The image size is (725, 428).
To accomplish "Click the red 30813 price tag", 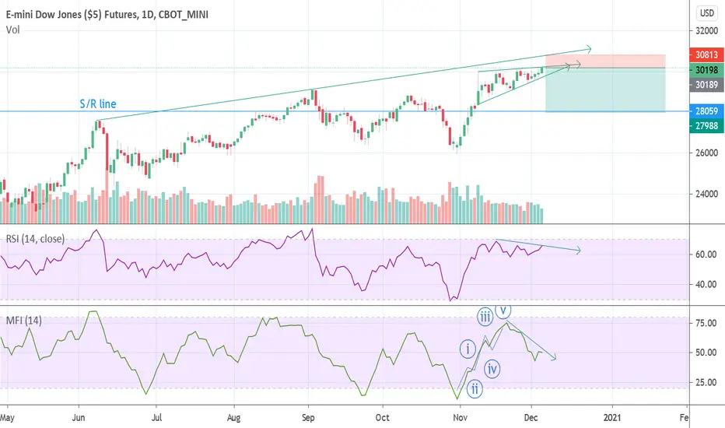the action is click(x=706, y=54).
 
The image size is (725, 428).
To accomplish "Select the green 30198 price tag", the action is click(x=706, y=70).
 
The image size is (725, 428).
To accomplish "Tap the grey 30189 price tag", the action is click(x=706, y=85).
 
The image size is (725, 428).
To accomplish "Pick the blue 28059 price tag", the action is click(x=706, y=111).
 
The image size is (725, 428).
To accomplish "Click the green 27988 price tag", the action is click(x=706, y=126).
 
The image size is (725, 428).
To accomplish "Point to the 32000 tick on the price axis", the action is click(x=706, y=31).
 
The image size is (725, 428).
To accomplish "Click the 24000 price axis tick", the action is click(x=706, y=194).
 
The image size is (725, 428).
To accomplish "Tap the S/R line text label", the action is click(x=98, y=103).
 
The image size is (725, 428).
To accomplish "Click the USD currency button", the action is click(x=706, y=13).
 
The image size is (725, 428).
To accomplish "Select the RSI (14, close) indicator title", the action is click(x=35, y=239).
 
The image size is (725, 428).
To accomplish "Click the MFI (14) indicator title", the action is click(x=23, y=320).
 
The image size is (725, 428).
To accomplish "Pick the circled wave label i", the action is click(x=468, y=349).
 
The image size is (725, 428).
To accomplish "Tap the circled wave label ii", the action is click(x=475, y=389).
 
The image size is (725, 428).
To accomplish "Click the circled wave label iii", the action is click(x=485, y=317).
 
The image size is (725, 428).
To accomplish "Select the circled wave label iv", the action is click(x=492, y=369).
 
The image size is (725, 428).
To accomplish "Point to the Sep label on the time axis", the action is click(x=308, y=418).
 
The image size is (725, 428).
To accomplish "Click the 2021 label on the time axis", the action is click(x=613, y=418).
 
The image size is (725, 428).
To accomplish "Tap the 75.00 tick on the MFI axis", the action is click(x=706, y=323).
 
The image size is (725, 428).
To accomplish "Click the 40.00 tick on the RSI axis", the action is click(x=706, y=285).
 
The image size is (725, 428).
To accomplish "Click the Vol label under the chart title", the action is click(x=13, y=30).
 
